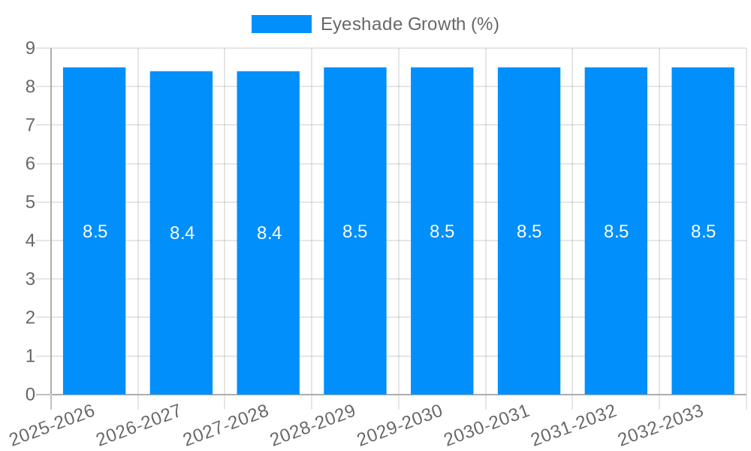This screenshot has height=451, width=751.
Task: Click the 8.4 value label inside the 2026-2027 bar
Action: [x=182, y=233]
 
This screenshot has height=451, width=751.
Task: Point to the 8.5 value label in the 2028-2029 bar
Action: [x=355, y=232]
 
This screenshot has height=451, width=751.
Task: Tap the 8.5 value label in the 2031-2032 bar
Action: [x=616, y=232]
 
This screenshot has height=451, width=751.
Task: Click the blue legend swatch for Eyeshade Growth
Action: [x=281, y=24]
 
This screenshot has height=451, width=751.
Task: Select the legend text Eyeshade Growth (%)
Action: [x=409, y=24]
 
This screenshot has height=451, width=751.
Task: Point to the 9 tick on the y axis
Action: [x=30, y=48]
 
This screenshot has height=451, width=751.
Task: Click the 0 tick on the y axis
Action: [x=30, y=395]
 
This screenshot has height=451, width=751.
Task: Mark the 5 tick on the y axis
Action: [x=30, y=202]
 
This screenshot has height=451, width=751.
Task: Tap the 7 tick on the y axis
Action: [x=30, y=125]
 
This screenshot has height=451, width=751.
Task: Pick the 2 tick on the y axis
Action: [x=30, y=317]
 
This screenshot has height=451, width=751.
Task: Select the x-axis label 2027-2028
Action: [x=228, y=425]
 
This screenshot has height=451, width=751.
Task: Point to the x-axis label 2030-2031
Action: [x=488, y=425]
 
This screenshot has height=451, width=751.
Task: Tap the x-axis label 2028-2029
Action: [x=315, y=425]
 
